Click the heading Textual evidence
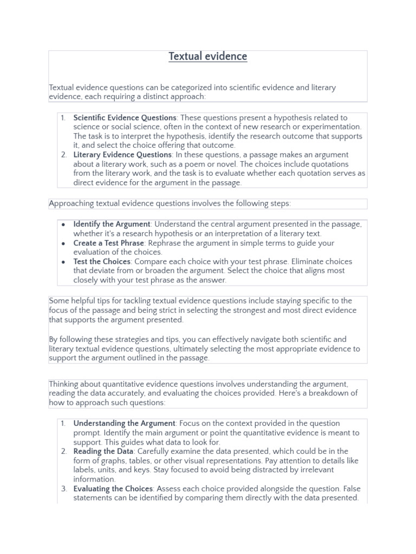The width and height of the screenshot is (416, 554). tap(207, 56)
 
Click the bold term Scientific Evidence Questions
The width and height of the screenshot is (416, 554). tap(125, 117)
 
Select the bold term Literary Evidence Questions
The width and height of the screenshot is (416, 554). tap(122, 155)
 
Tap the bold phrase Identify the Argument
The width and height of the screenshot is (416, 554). tap(112, 224)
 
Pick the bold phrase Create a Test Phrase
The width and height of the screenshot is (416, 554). tap(109, 243)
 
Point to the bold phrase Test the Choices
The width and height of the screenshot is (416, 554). tap(102, 261)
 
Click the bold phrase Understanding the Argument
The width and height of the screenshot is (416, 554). tap(124, 423)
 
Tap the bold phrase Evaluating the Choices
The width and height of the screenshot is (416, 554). tap(113, 489)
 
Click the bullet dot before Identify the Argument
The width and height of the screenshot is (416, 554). tap(64, 225)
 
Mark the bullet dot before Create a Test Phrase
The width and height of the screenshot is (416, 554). tap(64, 243)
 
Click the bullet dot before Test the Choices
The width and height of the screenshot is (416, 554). tap(64, 262)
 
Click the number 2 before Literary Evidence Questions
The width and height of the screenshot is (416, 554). tap(63, 155)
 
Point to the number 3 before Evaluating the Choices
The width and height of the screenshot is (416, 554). tap(63, 489)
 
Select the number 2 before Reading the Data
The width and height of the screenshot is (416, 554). tap(63, 451)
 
